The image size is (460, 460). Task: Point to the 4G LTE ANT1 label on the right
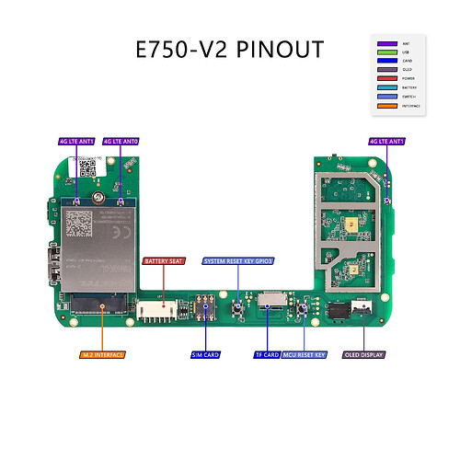(x=386, y=142)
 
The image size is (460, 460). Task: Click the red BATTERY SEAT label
(x=163, y=261)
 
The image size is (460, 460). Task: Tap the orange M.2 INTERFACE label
(x=102, y=354)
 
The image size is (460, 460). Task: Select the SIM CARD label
(x=204, y=354)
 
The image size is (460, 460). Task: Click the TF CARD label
(x=266, y=354)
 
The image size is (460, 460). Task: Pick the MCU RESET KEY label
(x=305, y=354)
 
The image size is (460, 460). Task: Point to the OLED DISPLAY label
(x=362, y=354)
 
